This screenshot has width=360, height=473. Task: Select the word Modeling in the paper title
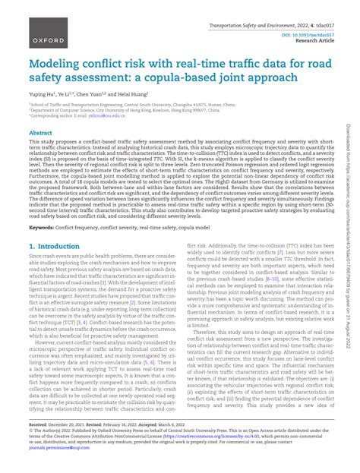pyautogui.click(x=55, y=65)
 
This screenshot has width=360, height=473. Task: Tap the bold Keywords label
pyautogui.click(x=42, y=227)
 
